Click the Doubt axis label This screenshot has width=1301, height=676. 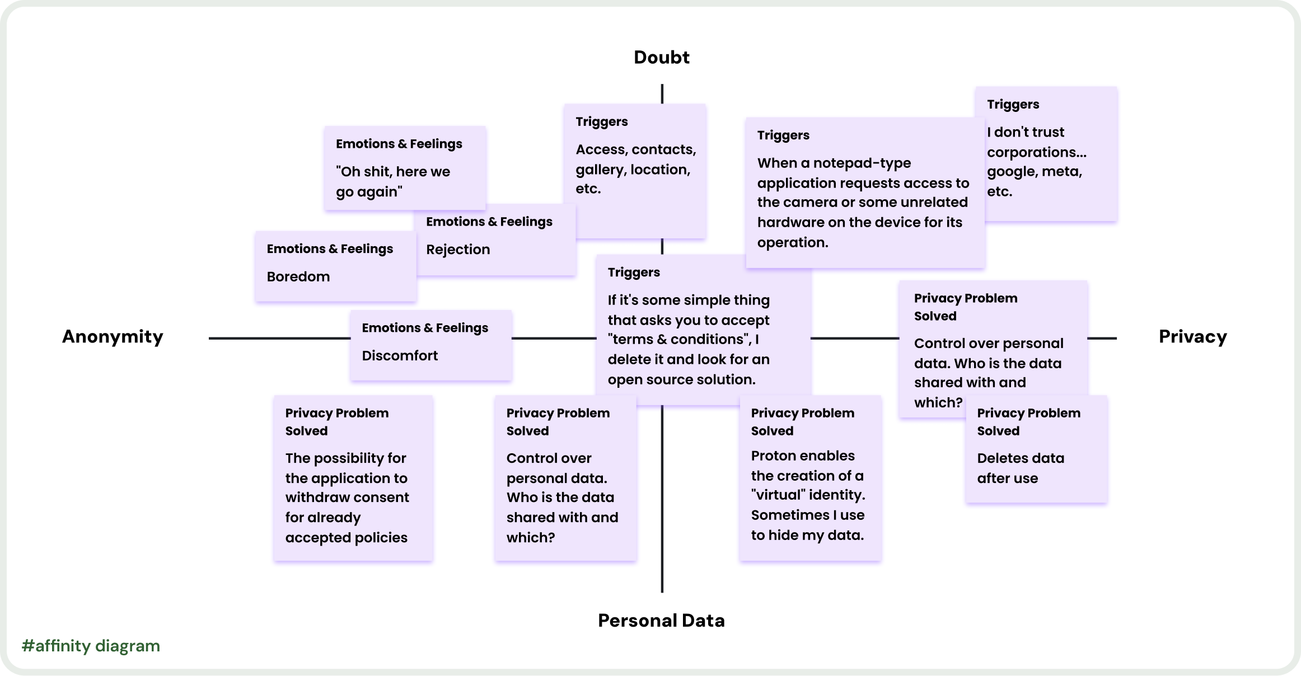(x=661, y=57)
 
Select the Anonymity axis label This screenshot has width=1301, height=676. (x=113, y=336)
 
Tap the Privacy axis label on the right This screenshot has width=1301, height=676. (x=1192, y=336)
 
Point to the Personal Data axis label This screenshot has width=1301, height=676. (x=661, y=620)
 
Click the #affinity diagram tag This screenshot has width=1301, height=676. (x=91, y=646)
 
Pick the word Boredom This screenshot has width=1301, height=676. (x=298, y=276)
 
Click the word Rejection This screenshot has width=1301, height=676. (x=457, y=250)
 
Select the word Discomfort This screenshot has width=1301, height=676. (x=399, y=355)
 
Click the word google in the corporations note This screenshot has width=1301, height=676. (x=1010, y=172)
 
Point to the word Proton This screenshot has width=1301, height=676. (x=775, y=456)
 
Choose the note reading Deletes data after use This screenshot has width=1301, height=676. (x=1020, y=468)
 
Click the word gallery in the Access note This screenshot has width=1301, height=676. (x=600, y=170)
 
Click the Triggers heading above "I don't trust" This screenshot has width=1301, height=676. (x=1013, y=104)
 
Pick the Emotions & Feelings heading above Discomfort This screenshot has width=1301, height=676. (x=425, y=328)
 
